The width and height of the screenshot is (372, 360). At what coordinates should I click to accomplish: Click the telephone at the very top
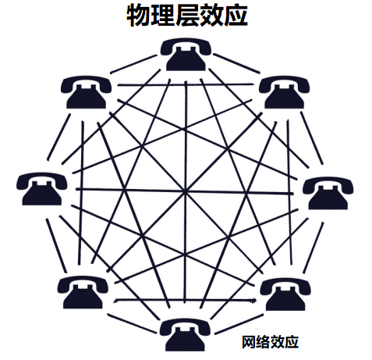[x=186, y=55]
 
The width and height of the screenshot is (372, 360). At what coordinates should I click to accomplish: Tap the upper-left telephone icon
[x=86, y=92]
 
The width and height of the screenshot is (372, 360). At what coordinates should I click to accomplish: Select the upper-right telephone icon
[x=284, y=92]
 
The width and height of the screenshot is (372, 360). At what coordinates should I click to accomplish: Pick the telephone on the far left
[x=42, y=189]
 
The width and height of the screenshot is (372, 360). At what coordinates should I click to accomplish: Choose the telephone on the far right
[x=328, y=193]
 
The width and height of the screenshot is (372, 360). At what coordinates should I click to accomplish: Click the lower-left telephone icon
[x=83, y=293]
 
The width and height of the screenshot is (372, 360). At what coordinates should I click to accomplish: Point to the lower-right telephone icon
[x=285, y=294]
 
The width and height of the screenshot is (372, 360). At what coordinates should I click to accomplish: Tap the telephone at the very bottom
[x=185, y=335]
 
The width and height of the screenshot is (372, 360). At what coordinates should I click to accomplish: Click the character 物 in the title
[x=138, y=15]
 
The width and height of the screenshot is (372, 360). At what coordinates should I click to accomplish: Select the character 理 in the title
[x=162, y=15]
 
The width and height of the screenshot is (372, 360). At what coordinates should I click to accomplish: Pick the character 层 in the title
[x=186, y=15]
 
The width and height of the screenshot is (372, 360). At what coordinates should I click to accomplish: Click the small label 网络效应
[x=270, y=342]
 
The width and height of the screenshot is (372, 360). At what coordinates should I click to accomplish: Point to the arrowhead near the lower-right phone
[x=254, y=301]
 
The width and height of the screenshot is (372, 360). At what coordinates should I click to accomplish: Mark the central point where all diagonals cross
[x=185, y=192]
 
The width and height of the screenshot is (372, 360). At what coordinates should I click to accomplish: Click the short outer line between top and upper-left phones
[x=133, y=64]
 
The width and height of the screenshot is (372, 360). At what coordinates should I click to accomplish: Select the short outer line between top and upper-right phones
[x=236, y=63]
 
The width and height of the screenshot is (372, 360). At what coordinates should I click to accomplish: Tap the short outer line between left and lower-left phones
[x=56, y=245]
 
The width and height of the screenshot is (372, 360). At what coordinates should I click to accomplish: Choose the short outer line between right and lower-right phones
[x=314, y=248]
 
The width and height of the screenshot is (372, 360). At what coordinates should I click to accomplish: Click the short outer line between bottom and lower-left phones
[x=132, y=323]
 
